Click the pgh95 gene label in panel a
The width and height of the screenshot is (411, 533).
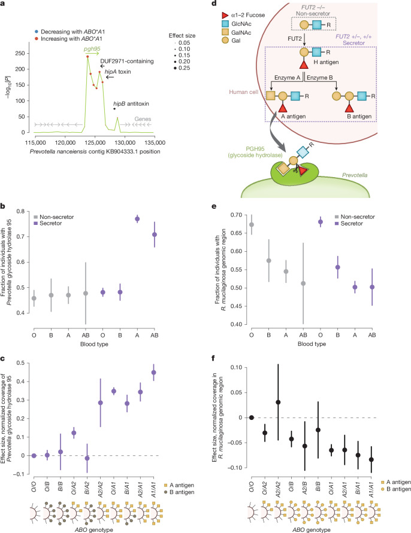point(92,49)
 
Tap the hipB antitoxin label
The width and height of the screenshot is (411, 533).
point(131,103)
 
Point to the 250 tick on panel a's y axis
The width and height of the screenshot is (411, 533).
point(20,53)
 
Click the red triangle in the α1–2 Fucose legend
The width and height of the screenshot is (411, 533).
point(225,16)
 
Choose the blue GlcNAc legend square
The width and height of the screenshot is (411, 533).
point(225,24)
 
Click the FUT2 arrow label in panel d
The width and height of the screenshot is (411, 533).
point(295,39)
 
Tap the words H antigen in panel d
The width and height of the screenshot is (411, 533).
point(326,62)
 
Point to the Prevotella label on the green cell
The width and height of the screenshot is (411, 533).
point(355,175)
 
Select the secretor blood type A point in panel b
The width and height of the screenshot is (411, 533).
point(138,219)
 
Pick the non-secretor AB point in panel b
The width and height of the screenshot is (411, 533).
point(86,293)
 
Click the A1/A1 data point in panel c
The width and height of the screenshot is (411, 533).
point(153,373)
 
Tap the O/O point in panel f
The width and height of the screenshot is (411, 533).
point(252,418)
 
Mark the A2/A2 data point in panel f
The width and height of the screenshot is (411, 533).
point(278,402)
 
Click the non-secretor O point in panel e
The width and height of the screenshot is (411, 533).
point(252,225)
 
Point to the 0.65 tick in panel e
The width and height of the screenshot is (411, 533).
point(236,233)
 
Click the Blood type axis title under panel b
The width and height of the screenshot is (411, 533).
point(94,344)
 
